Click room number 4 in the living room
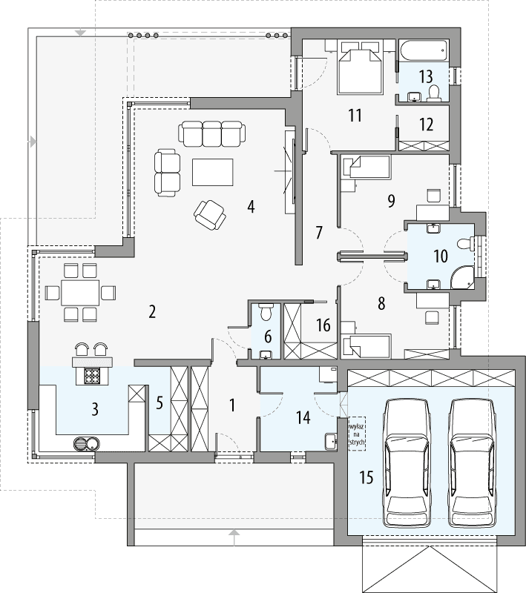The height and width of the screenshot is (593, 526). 252,207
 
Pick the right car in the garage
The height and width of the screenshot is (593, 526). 472,461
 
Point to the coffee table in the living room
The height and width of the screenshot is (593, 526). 212,172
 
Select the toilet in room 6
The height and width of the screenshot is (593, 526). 267,311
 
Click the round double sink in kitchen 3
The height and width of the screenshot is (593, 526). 87,444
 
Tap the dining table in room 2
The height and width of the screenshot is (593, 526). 81,291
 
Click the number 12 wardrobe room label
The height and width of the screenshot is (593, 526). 426,124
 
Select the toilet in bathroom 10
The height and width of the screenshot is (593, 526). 465,242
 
